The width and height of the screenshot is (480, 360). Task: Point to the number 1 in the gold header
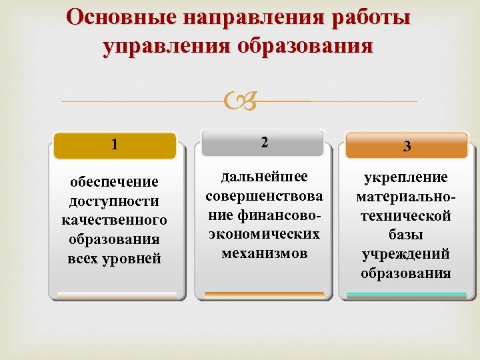click(115, 145)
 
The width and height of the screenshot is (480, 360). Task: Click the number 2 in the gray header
click(265, 142)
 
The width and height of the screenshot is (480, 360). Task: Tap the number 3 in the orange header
click(406, 147)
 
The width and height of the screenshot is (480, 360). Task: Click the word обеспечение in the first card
click(115, 182)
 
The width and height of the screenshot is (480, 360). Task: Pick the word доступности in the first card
click(115, 201)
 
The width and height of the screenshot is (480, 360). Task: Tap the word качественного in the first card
click(115, 220)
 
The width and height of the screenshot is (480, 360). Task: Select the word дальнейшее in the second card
click(265, 177)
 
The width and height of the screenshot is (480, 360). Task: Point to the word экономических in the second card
click(265, 235)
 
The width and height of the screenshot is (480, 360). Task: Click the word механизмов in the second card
click(265, 253)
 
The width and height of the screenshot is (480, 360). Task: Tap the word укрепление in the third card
click(406, 177)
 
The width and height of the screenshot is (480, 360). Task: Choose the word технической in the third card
click(406, 215)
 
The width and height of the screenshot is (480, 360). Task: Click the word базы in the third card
click(406, 235)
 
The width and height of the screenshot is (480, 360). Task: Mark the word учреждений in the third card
click(406, 254)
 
